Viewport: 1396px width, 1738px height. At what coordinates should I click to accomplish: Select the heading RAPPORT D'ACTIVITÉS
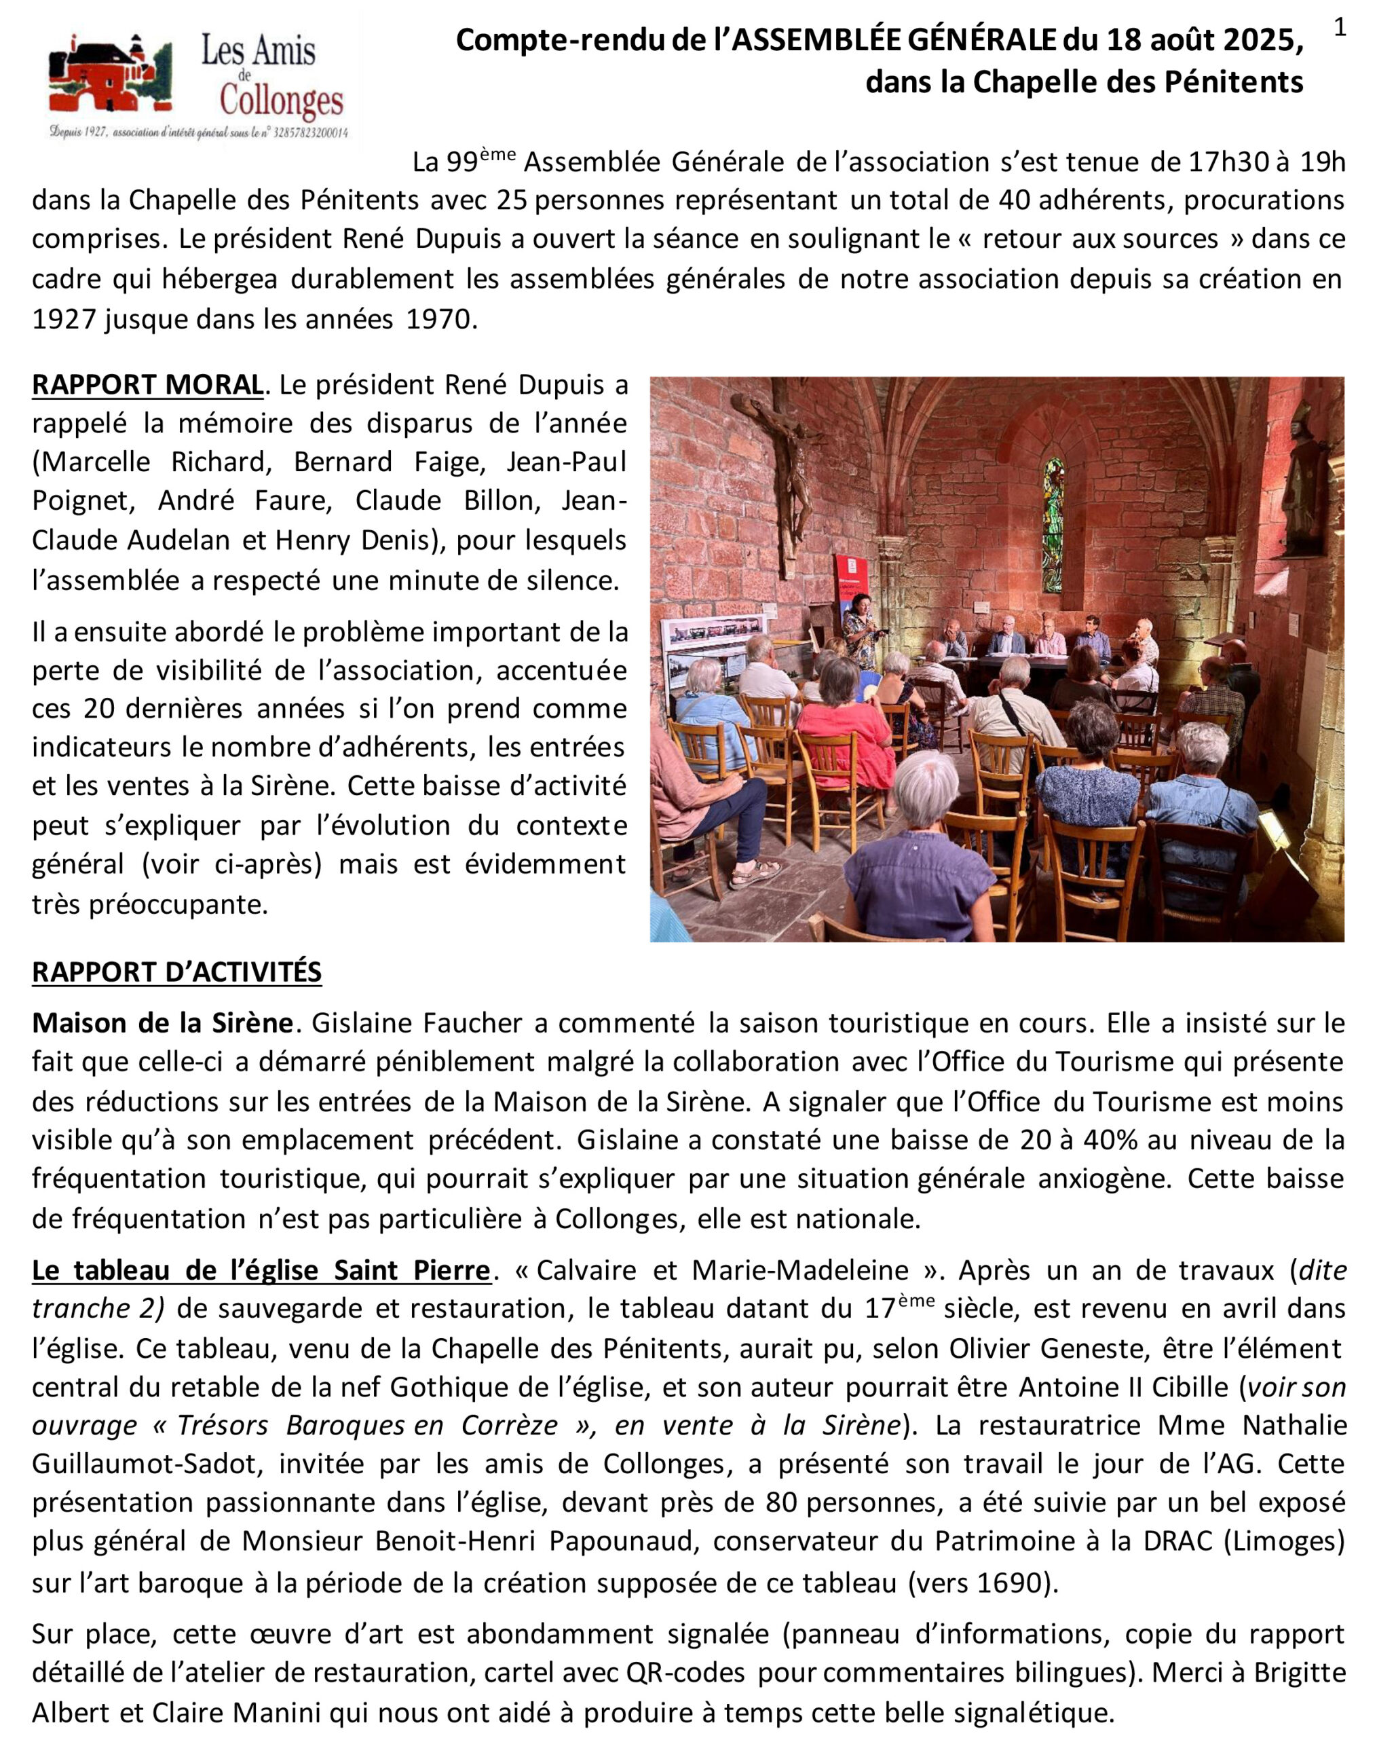176,972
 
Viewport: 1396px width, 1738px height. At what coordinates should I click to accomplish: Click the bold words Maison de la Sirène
162,1023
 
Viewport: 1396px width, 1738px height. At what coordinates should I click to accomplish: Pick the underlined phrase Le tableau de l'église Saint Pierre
261,1270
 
